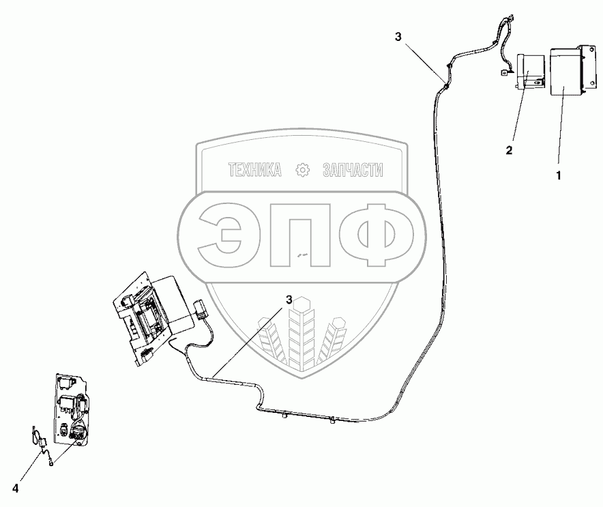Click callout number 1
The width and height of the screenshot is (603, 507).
point(559,175)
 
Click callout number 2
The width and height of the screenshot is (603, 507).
point(509,149)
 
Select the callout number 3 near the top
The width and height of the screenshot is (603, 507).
point(398,37)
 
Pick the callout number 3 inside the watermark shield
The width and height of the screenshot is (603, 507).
point(289,300)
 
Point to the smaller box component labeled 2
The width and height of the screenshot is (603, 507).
point(529,72)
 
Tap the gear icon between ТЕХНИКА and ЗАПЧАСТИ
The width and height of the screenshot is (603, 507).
point(301,171)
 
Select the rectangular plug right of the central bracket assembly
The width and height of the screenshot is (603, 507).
point(200,309)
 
